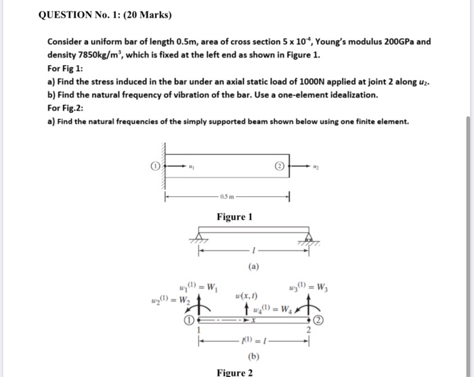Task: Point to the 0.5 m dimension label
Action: point(225,197)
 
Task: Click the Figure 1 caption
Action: point(234,217)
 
